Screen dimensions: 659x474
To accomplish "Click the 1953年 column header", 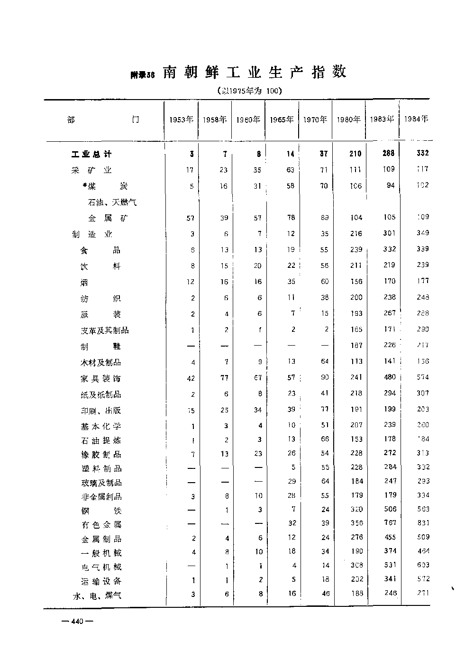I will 181,120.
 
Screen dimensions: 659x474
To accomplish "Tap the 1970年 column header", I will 315,120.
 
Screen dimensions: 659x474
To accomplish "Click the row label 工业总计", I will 91,155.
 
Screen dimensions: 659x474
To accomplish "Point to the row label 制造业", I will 92,234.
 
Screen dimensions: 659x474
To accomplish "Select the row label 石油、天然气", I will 112,202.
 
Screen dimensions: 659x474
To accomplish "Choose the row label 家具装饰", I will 101,378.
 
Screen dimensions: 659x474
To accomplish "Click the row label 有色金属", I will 101,525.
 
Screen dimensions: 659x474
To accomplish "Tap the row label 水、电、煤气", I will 97,595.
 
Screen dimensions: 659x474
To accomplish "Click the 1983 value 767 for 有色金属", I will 390,523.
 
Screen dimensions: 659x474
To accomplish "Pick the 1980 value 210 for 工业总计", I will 355,154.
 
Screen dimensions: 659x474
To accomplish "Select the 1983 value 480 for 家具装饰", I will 390,377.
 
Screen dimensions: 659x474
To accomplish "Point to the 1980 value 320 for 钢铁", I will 356,510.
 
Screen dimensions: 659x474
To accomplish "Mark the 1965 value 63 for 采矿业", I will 290,170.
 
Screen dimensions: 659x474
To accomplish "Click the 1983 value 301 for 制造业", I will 389,233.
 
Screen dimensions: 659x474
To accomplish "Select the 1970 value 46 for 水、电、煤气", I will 324,593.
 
